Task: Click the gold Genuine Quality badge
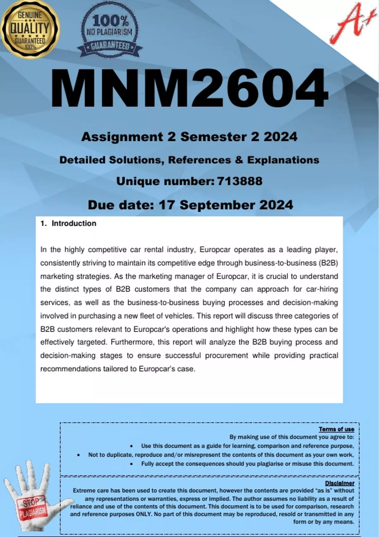click(x=30, y=29)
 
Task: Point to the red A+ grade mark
click(x=349, y=24)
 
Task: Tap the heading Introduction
click(x=74, y=223)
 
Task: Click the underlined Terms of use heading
click(x=336, y=429)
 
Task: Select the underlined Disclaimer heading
click(x=340, y=483)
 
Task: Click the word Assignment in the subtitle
click(x=122, y=137)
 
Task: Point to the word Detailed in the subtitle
click(x=82, y=160)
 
